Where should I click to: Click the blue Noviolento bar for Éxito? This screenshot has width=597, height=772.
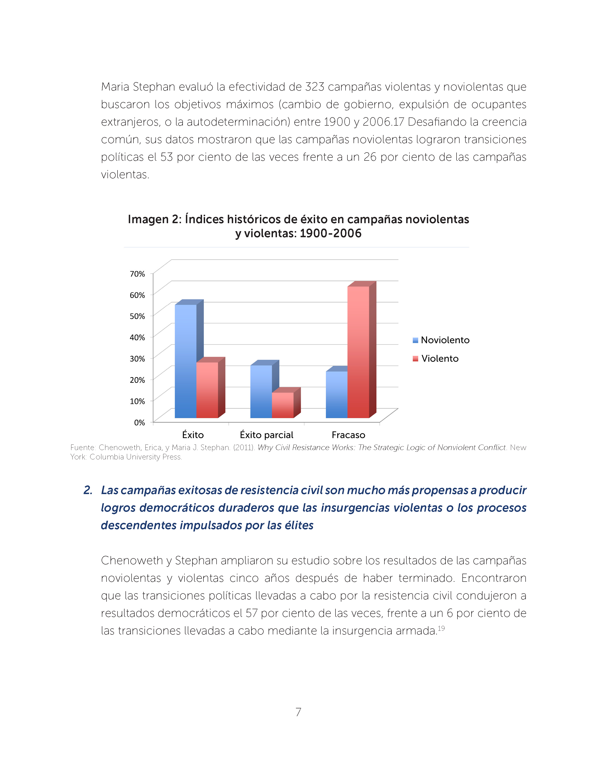point(186,361)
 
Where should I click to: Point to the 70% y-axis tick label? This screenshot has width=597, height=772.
point(137,274)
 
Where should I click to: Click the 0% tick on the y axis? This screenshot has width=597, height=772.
point(139,422)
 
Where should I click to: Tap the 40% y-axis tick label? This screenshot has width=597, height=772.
point(137,338)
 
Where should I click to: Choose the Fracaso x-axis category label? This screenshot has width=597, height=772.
point(348,435)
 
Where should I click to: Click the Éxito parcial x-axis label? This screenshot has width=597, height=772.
point(266,435)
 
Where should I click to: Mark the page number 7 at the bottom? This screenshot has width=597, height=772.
point(298,712)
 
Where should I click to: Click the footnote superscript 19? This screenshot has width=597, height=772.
point(441,628)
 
